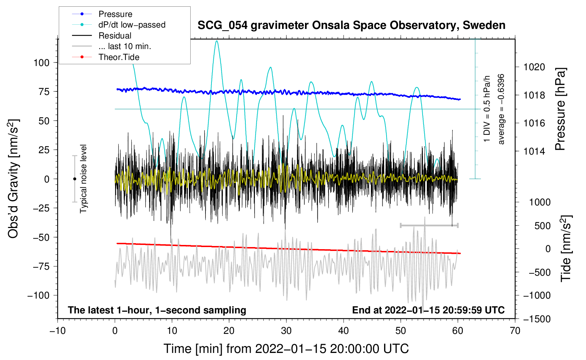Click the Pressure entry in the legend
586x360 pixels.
point(115,14)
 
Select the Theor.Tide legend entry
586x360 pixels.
point(119,57)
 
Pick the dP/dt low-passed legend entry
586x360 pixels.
point(132,25)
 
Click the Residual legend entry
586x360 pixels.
point(115,36)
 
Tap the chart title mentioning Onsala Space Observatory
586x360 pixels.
point(351,25)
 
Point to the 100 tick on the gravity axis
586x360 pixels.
point(41,63)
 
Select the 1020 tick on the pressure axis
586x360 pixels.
point(534,67)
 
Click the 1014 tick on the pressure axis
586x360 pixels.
point(534,151)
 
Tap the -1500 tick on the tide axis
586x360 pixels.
point(537,319)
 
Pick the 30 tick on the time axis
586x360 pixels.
point(286,331)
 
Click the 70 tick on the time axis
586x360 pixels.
point(515,331)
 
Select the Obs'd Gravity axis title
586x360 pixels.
point(13,179)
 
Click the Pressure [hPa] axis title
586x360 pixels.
point(560,109)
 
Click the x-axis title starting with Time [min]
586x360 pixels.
point(286,349)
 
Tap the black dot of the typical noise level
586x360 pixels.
point(74,179)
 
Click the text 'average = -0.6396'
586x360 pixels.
point(501,109)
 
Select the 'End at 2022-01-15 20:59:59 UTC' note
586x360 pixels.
point(428,310)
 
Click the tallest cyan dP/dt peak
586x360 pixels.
point(217,41)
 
